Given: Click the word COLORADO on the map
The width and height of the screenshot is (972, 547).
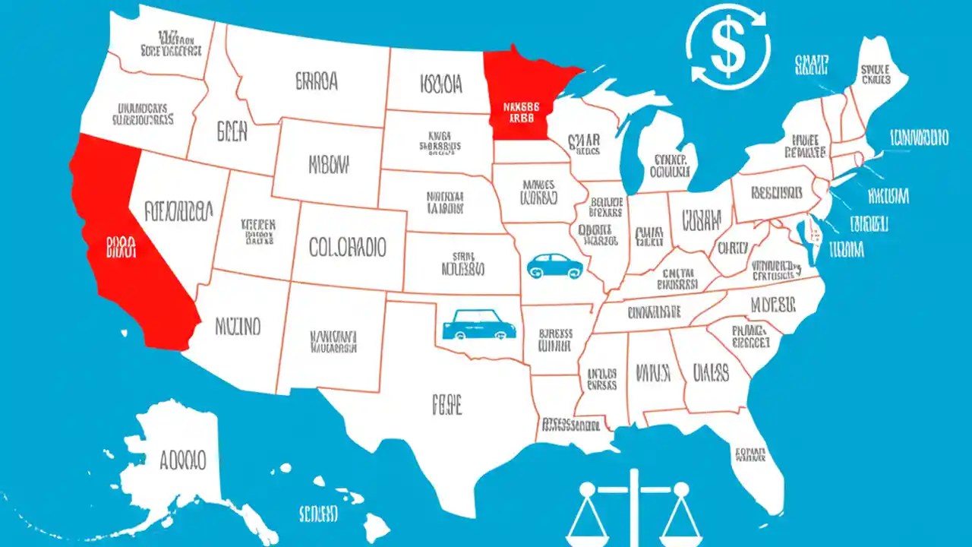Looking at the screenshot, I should (348, 247).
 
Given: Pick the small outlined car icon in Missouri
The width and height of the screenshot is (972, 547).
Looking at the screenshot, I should (555, 266).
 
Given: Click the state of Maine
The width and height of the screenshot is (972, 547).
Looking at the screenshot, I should (881, 76).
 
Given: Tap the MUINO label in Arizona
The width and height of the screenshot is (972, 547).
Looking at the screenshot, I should (238, 327).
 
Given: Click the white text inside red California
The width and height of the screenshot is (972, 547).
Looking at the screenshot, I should (121, 247).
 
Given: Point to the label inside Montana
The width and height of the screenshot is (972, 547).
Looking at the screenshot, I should (316, 81).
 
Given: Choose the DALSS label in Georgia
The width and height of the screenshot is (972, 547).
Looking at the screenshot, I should (711, 372).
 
